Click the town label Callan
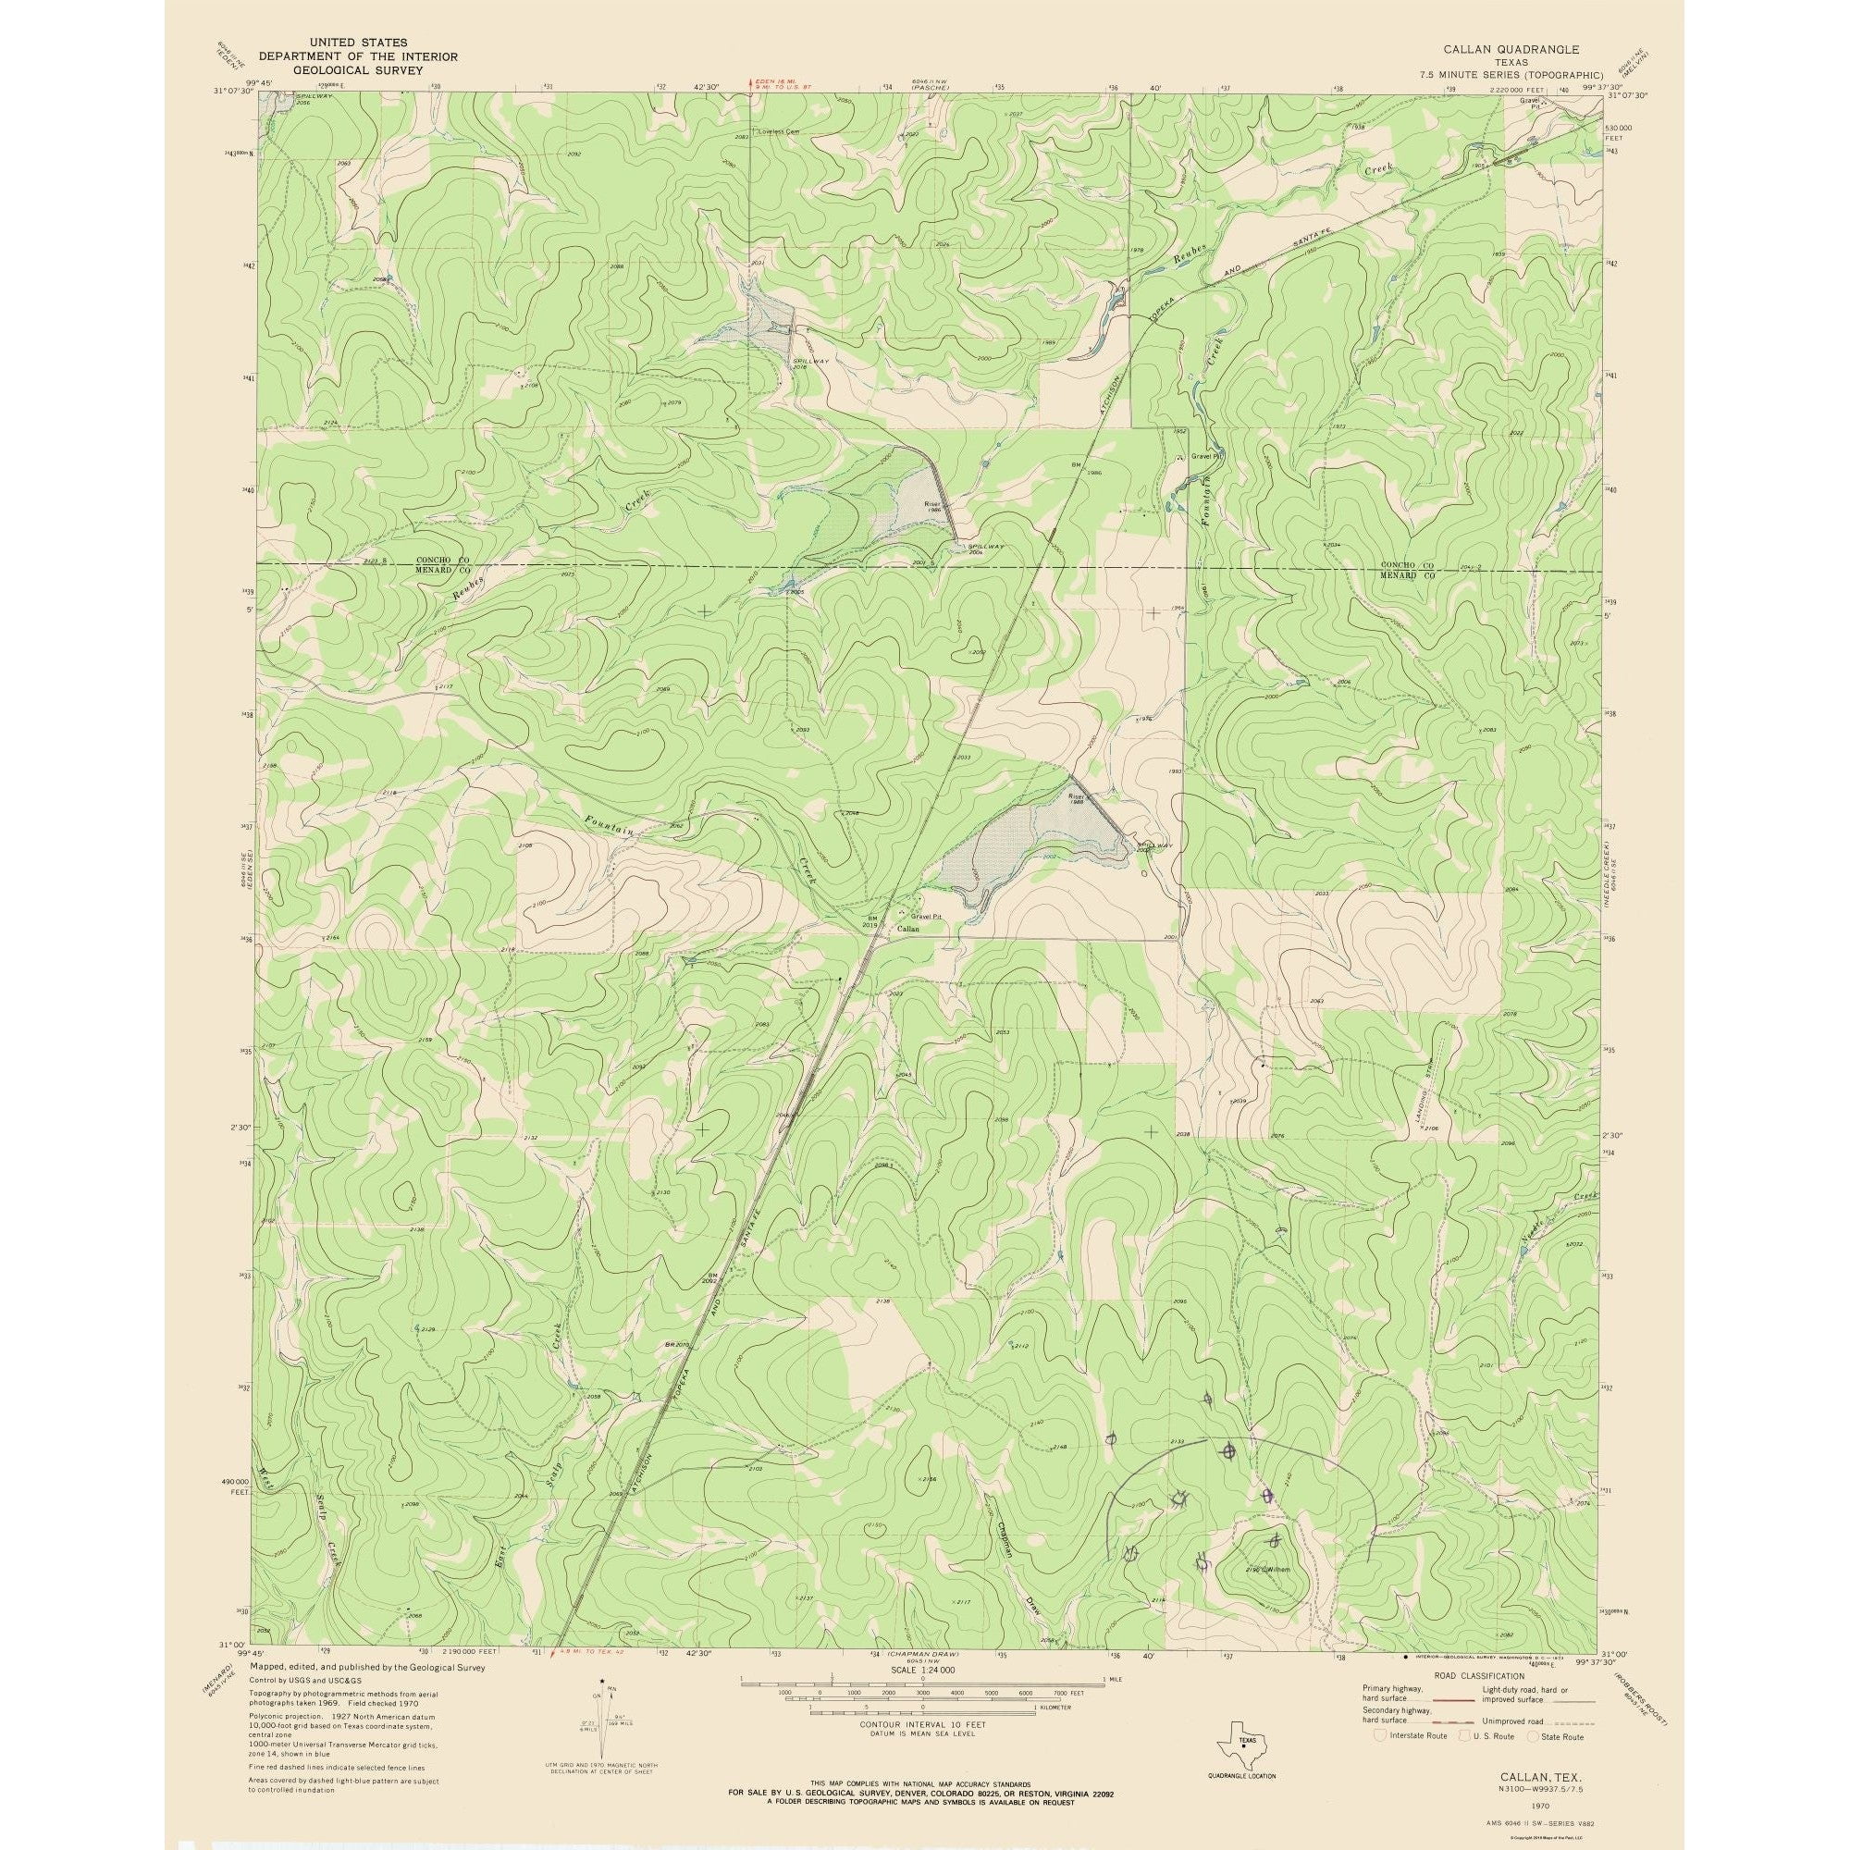click(907, 929)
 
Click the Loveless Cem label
click(778, 131)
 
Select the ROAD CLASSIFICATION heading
click(1478, 1676)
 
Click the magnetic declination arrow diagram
click(602, 1724)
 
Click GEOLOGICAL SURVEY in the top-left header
click(357, 70)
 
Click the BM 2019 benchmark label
click(869, 922)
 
